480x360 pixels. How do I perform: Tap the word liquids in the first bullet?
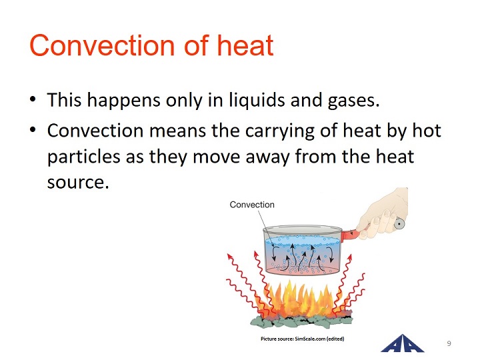(x=257, y=101)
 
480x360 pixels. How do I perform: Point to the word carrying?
(x=280, y=131)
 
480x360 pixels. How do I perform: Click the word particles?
(x=83, y=157)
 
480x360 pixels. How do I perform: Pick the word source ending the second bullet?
(x=78, y=183)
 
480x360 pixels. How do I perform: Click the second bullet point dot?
(x=33, y=129)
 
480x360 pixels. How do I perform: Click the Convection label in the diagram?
(x=252, y=205)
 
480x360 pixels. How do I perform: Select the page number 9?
(x=449, y=343)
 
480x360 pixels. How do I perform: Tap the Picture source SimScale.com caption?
(x=303, y=339)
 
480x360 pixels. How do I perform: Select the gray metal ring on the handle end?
(x=399, y=223)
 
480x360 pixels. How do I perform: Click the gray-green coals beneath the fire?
(x=301, y=321)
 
